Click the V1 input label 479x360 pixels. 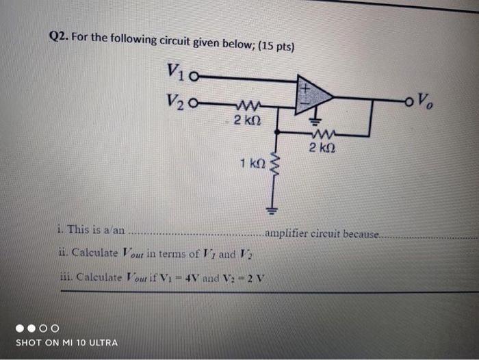[174, 71]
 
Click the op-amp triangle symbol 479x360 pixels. [313, 96]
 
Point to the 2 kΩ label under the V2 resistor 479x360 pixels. [245, 122]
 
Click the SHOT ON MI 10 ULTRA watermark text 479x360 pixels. [66, 342]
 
